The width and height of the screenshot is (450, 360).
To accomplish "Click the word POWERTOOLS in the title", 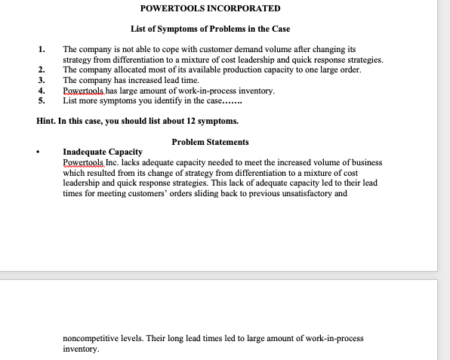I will (168, 8).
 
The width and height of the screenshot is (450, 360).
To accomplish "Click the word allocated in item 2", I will (134, 69).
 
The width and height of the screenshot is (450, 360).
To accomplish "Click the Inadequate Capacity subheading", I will (103, 152).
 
